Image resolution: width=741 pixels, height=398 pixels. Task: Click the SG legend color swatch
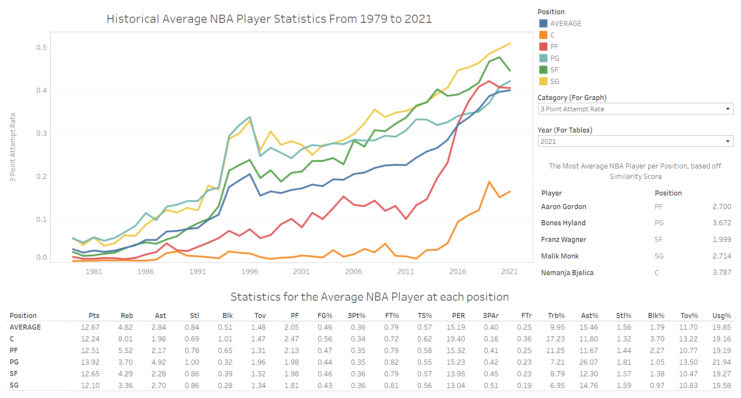543,82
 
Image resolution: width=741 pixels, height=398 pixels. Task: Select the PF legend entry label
554,47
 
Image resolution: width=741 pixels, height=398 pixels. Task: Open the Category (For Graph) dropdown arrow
727,109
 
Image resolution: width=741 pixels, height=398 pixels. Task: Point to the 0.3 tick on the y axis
41,133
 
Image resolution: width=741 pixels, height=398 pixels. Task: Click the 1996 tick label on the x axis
250,272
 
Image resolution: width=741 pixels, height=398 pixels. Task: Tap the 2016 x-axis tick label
457,272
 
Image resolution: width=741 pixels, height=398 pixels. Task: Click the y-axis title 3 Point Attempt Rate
13,147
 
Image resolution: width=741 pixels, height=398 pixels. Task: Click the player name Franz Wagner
563,240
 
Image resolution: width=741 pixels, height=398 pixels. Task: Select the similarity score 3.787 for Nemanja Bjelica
721,272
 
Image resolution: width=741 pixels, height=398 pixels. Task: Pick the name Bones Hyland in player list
563,223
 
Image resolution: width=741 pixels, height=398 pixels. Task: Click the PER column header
458,316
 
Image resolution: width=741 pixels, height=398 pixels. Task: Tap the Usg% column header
721,316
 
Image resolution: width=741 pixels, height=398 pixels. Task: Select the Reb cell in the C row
126,339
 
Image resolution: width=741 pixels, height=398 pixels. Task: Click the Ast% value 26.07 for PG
588,362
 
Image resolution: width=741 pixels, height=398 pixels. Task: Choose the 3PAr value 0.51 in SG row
491,385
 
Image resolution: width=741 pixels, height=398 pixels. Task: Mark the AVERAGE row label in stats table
25,327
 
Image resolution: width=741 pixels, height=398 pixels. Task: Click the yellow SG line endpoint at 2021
510,44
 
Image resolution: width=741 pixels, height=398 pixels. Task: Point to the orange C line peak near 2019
489,182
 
